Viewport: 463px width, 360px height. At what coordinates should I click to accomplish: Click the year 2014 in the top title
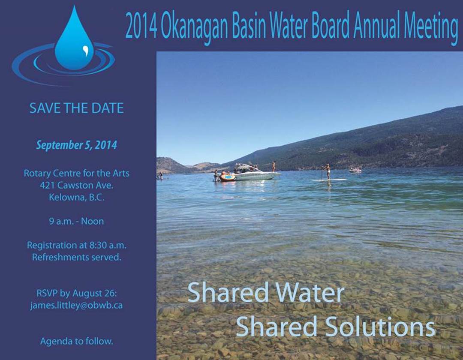point(141,26)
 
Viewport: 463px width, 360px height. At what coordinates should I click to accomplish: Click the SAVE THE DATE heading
point(76,108)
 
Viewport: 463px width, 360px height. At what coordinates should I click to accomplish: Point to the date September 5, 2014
point(76,145)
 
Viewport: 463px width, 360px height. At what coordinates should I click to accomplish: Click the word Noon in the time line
point(93,221)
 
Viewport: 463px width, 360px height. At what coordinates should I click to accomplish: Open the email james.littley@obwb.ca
point(76,306)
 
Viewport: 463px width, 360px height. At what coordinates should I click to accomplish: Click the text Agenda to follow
point(76,342)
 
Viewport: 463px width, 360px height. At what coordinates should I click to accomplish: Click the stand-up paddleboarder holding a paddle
point(327,172)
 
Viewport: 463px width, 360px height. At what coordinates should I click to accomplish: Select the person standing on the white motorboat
point(274,166)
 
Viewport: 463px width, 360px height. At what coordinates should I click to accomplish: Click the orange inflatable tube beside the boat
point(227,177)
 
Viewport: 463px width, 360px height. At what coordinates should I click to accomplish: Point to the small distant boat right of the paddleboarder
point(355,170)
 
